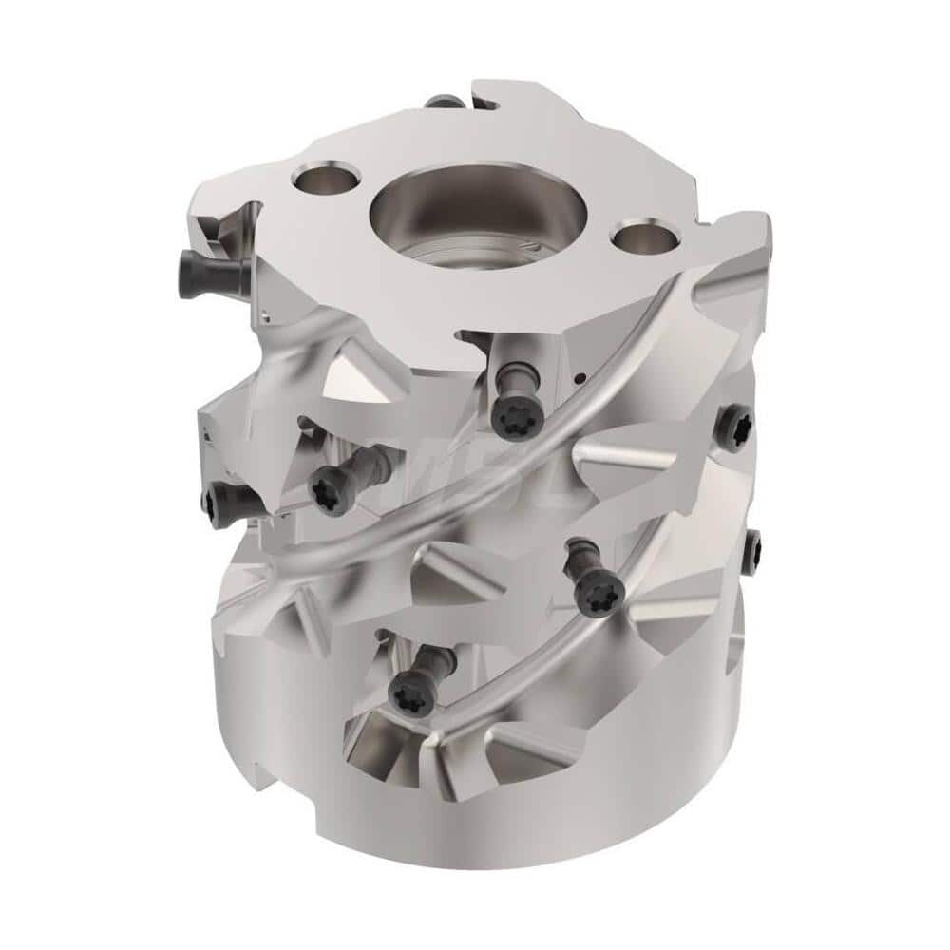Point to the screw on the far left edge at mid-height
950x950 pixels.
pos(215,497)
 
